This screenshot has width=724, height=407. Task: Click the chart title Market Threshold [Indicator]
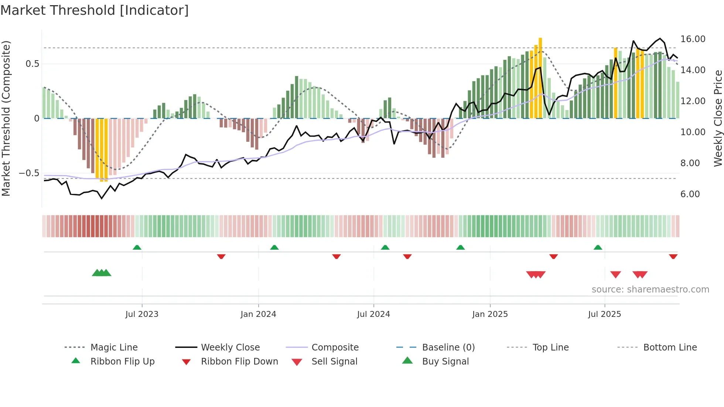tap(95, 10)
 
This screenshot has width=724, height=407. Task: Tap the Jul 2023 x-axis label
tap(142, 314)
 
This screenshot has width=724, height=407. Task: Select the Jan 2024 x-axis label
tap(258, 314)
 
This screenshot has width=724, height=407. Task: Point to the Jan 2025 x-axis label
tap(490, 314)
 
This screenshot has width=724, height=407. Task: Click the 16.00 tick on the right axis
tap(693, 39)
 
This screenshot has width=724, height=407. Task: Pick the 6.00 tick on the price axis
tap(690, 194)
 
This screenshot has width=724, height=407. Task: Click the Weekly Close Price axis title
tap(718, 118)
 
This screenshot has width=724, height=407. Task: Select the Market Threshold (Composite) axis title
tap(6, 118)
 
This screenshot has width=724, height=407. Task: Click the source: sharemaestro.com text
tap(650, 290)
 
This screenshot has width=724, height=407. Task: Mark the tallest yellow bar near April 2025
tap(540, 78)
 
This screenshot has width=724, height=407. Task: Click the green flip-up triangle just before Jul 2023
tap(137, 247)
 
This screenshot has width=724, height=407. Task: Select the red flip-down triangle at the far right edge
tap(673, 256)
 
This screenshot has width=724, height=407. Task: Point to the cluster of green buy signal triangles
tap(102, 273)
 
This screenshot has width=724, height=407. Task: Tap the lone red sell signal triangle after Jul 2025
tap(615, 274)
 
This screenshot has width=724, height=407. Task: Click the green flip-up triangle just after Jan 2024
tap(274, 247)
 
